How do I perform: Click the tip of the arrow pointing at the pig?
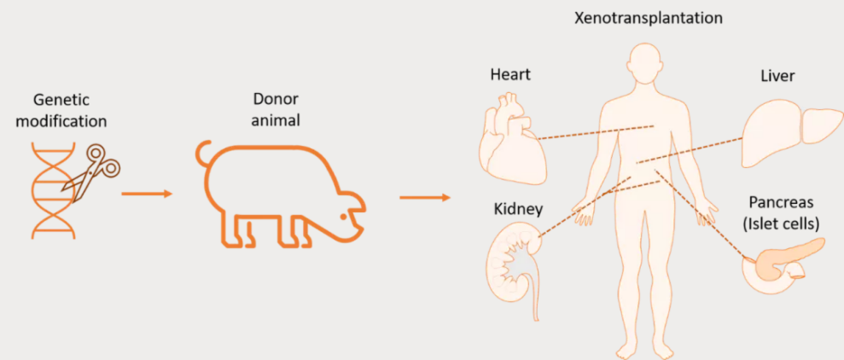[x=172, y=194]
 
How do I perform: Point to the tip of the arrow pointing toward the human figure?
[x=450, y=198]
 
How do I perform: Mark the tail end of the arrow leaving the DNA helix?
[x=122, y=194]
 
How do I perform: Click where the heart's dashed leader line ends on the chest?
[x=654, y=126]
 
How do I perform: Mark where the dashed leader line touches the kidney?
[x=538, y=235]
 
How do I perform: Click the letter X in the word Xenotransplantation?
[x=579, y=18]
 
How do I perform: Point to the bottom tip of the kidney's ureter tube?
[x=535, y=321]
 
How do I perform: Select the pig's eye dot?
[x=343, y=217]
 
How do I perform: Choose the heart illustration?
[x=512, y=139]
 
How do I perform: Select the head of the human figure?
[x=645, y=63]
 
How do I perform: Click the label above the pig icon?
[x=276, y=109]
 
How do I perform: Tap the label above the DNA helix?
[x=61, y=110]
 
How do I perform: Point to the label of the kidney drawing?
[x=518, y=209]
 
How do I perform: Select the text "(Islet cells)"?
[x=781, y=224]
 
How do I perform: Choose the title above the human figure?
[x=649, y=18]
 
